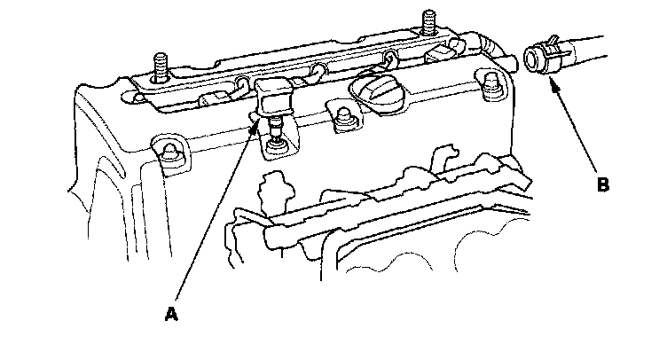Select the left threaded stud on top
pyautogui.click(x=159, y=67)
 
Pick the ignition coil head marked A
pyautogui.click(x=274, y=92)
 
